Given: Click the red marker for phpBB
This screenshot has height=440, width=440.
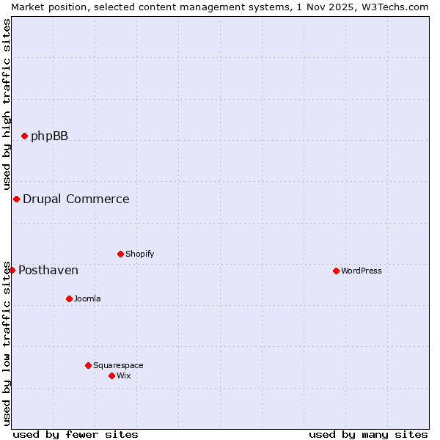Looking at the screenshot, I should point(24,136).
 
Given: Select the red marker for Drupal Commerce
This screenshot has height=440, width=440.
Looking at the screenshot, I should point(16,199).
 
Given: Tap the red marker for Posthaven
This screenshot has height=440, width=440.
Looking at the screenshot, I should point(12,270).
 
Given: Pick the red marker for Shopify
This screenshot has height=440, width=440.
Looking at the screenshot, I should point(120,254).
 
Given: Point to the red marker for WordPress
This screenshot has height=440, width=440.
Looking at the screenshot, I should point(336,271).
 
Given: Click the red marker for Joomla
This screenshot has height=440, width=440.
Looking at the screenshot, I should point(69,298).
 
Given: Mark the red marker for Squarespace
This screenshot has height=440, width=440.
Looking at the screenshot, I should point(88,365).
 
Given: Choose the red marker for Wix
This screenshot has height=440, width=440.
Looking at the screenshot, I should point(111,375).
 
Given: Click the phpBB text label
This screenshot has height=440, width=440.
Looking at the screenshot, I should point(49,136).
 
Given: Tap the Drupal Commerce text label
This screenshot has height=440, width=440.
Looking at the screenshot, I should point(76,199).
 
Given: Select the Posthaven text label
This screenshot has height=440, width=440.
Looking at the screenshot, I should point(48,270).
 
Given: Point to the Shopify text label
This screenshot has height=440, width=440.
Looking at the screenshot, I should point(139,254).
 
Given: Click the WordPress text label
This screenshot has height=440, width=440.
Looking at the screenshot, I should point(361,271).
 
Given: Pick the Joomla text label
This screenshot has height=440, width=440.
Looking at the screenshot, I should point(87,298).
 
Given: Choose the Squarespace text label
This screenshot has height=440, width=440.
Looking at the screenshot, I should point(118,365).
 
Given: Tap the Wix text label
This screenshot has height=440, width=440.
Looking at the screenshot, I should point(123,375).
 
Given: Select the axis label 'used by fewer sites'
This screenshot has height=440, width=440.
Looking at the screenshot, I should point(76,434).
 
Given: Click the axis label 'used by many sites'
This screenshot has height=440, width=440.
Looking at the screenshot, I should point(368,434).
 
